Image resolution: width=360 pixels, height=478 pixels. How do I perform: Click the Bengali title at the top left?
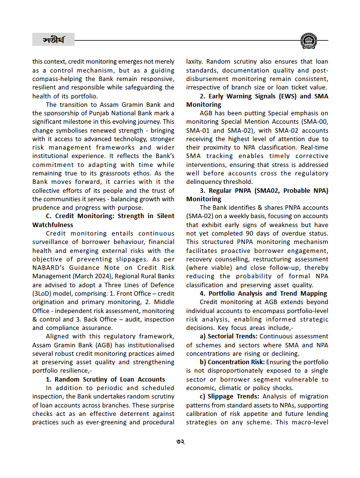click(x=53, y=39)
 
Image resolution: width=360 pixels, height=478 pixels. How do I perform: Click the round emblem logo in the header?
click(x=309, y=41)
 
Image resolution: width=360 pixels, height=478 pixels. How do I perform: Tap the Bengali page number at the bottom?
click(x=180, y=441)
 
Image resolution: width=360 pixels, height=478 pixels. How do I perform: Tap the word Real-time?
click(x=313, y=148)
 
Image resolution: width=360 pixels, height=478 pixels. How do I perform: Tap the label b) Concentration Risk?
click(x=232, y=362)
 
